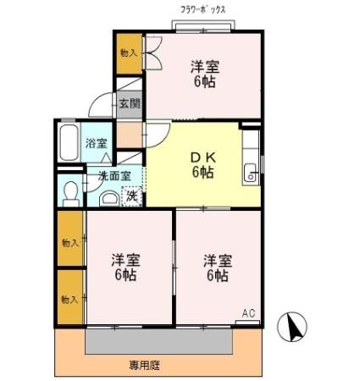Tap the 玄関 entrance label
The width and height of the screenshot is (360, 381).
tap(130, 103)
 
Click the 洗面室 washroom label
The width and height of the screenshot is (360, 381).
tap(114, 176)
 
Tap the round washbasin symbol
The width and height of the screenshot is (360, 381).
tap(108, 198)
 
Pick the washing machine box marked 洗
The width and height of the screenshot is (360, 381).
tap(132, 196)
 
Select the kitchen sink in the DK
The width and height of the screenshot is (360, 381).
tap(251, 174)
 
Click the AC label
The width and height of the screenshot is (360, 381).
tap(248, 314)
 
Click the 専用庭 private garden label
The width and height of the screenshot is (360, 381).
tap(145, 366)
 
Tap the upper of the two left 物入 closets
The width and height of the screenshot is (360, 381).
tap(70, 242)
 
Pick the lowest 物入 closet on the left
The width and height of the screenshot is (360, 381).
tap(70, 298)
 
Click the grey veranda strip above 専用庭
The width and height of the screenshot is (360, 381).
tap(158, 341)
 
